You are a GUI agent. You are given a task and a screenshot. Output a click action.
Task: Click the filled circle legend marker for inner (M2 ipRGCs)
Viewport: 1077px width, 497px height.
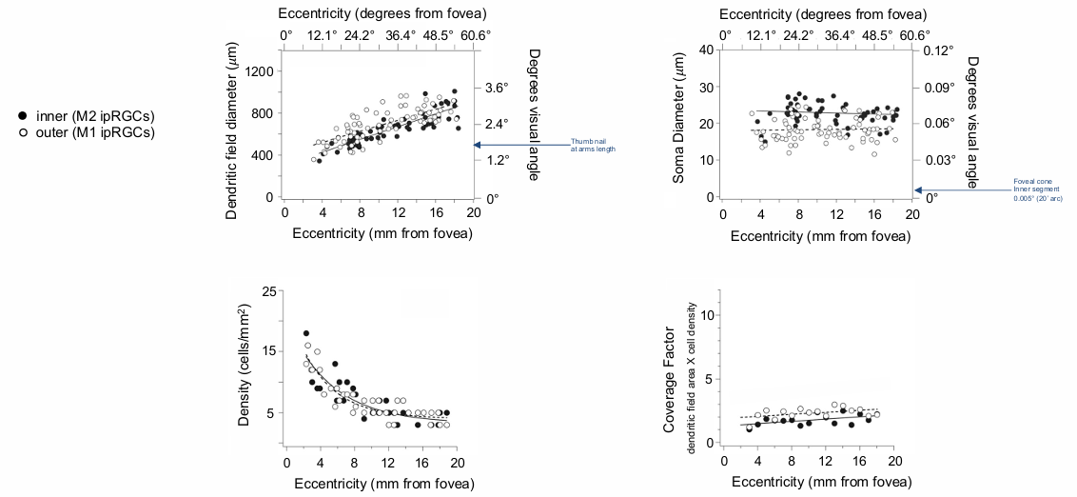click(x=22, y=116)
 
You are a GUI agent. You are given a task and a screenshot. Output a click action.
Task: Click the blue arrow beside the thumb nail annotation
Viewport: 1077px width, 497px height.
click(x=519, y=145)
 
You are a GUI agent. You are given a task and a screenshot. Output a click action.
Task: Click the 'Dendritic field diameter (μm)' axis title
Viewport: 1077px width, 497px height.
click(x=231, y=134)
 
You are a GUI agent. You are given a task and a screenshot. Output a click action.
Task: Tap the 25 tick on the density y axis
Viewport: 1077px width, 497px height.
click(x=268, y=290)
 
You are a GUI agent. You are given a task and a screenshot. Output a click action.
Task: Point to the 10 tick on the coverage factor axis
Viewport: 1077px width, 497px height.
click(x=706, y=313)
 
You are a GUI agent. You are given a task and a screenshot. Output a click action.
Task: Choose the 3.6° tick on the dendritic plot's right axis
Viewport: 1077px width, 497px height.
click(x=499, y=87)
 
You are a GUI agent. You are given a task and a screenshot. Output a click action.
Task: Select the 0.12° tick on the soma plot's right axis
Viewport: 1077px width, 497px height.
click(x=938, y=50)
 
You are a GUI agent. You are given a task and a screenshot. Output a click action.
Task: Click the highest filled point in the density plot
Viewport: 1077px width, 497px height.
click(x=306, y=333)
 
